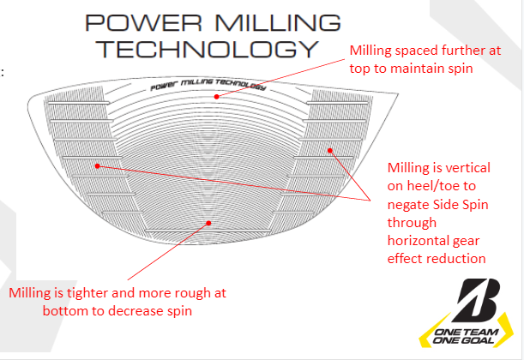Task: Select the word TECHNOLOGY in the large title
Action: coord(207,47)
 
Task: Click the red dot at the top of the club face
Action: coord(218,97)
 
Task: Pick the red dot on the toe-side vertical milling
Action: coord(329,150)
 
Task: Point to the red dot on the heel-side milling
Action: coord(98,165)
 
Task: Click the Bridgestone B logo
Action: coord(473,298)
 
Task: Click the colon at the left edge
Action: coord(3,72)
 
